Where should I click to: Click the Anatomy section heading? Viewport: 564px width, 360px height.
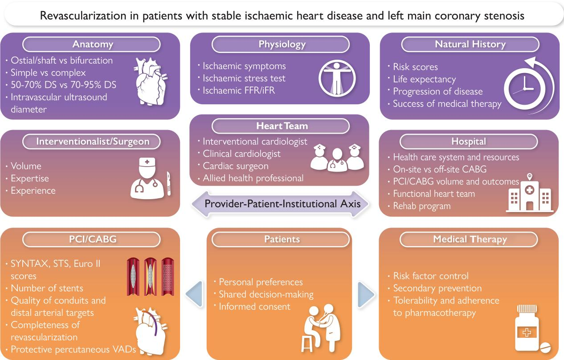(93, 44)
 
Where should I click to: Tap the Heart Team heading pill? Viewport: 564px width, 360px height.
(282, 126)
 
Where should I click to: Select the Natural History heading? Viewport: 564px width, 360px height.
(470, 44)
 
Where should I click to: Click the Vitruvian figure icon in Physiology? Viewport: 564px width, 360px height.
(337, 76)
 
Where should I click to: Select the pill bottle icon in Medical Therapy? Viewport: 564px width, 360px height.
(533, 327)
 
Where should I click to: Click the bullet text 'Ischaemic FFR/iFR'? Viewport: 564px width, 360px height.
(244, 90)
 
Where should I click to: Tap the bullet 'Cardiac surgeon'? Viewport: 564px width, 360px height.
(236, 166)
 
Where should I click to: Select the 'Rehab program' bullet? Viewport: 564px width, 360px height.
(422, 206)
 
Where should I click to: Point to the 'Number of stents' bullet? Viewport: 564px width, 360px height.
(47, 288)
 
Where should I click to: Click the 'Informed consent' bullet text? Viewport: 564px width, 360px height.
(254, 307)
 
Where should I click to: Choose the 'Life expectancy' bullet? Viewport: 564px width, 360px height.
(424, 79)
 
